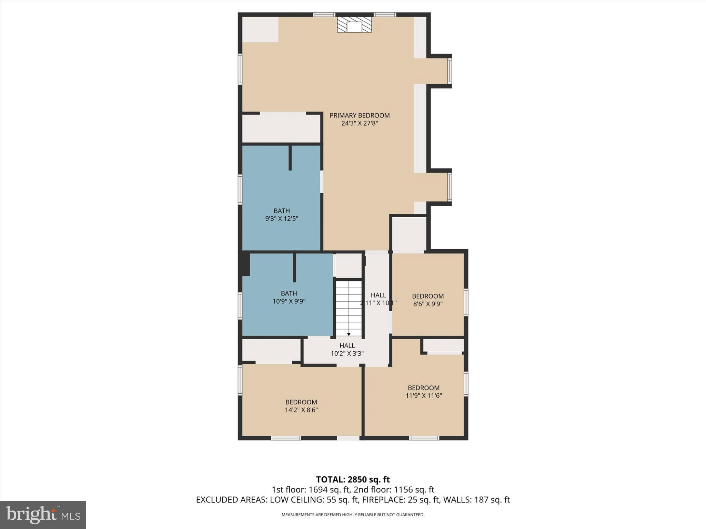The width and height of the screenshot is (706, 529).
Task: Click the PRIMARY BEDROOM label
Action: coord(360,115)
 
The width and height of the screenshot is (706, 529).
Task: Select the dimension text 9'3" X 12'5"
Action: coord(281,218)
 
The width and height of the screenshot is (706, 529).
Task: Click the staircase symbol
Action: coord(349,308)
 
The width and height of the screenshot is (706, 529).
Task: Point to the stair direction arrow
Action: coord(349,334)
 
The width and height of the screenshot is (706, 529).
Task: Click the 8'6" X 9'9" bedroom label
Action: coord(428,300)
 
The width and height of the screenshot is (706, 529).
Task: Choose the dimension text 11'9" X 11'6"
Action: coord(424,396)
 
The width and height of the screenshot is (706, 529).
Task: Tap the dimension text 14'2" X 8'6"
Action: coord(301,410)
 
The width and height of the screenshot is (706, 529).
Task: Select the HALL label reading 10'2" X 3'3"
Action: coord(347,349)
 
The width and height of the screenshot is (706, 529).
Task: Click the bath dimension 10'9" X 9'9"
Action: coord(289,301)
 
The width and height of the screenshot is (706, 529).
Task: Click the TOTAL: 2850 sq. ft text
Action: coord(353,479)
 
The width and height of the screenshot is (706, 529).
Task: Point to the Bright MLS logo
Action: coord(43,515)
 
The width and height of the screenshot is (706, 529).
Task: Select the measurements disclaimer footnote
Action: coord(353,515)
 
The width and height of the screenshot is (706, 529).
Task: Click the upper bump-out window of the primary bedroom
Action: coord(449,71)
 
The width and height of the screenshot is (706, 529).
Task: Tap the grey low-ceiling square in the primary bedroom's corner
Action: coord(260,30)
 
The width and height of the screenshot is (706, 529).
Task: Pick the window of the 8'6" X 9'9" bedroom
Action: coord(466,302)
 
